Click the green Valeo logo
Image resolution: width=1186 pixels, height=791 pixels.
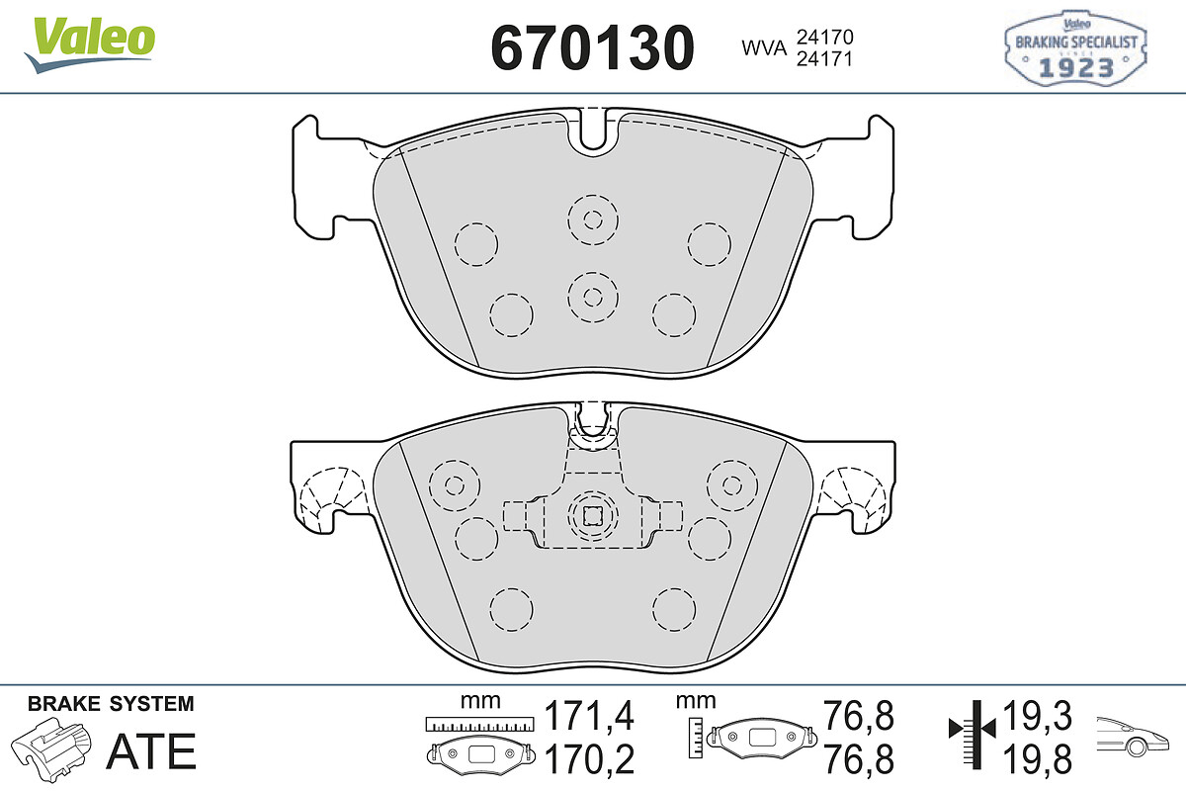[x=90, y=45]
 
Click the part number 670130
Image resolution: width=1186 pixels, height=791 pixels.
[x=592, y=47]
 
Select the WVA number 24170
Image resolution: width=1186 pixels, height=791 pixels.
[x=825, y=37]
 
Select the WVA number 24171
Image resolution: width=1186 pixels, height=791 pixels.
[x=825, y=58]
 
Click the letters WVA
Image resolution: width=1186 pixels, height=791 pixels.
[x=764, y=48]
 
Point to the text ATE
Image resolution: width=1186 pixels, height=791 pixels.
[x=151, y=751]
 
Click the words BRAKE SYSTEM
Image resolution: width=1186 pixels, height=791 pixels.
[x=111, y=704]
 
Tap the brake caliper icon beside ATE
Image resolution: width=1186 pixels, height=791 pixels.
[x=51, y=748]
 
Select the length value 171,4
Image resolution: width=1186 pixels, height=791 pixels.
[x=589, y=716]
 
